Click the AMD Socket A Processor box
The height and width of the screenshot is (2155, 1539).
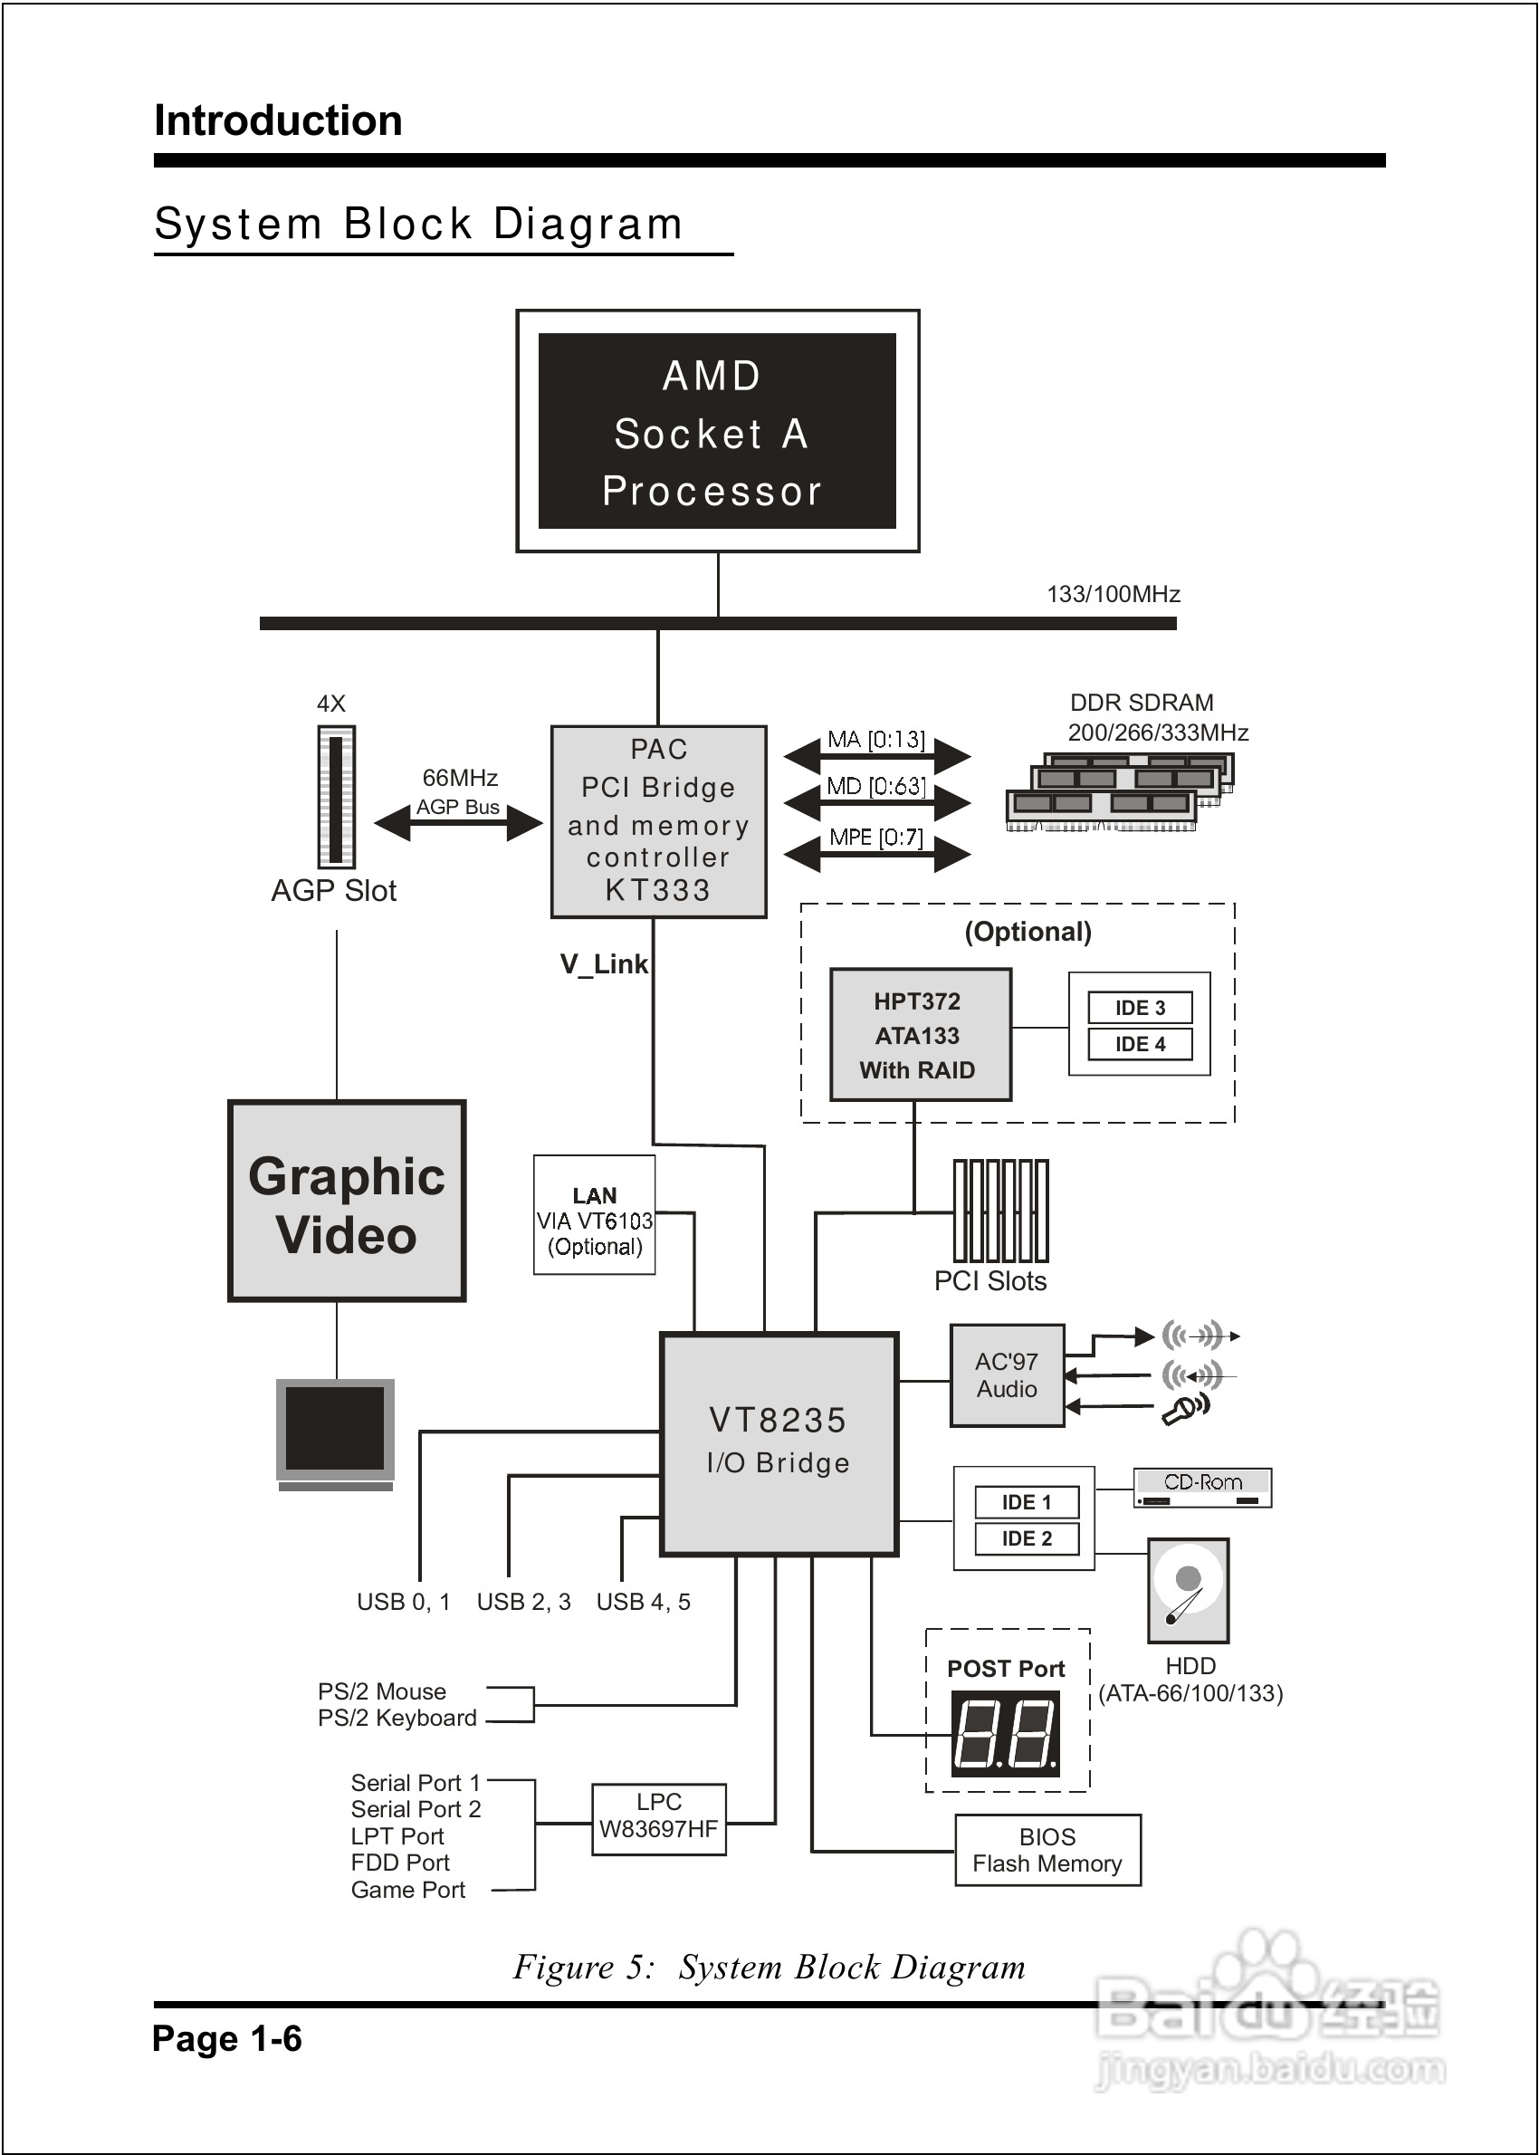coord(716,431)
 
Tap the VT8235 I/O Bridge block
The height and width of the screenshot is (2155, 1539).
coord(778,1443)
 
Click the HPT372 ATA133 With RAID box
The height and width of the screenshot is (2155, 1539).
coord(919,1034)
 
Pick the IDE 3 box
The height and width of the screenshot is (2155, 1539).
coord(1139,1008)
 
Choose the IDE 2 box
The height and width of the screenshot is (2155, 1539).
coord(1027,1538)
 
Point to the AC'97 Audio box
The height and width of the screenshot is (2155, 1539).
coord(1007,1375)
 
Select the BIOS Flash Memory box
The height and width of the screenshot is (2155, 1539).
coord(1047,1850)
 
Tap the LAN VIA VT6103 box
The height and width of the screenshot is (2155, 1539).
coord(594,1214)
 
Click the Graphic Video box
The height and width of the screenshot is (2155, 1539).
coord(347,1201)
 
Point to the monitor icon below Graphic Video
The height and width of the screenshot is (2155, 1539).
coord(336,1432)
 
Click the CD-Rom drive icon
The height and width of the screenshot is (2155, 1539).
coord(1201,1488)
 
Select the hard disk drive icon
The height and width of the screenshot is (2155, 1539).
coord(1188,1590)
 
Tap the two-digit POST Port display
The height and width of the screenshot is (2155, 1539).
coord(1005,1734)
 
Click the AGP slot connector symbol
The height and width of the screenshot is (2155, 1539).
coord(336,796)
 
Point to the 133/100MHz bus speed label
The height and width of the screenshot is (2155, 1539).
coord(1113,594)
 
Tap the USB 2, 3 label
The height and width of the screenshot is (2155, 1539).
coord(523,1602)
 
